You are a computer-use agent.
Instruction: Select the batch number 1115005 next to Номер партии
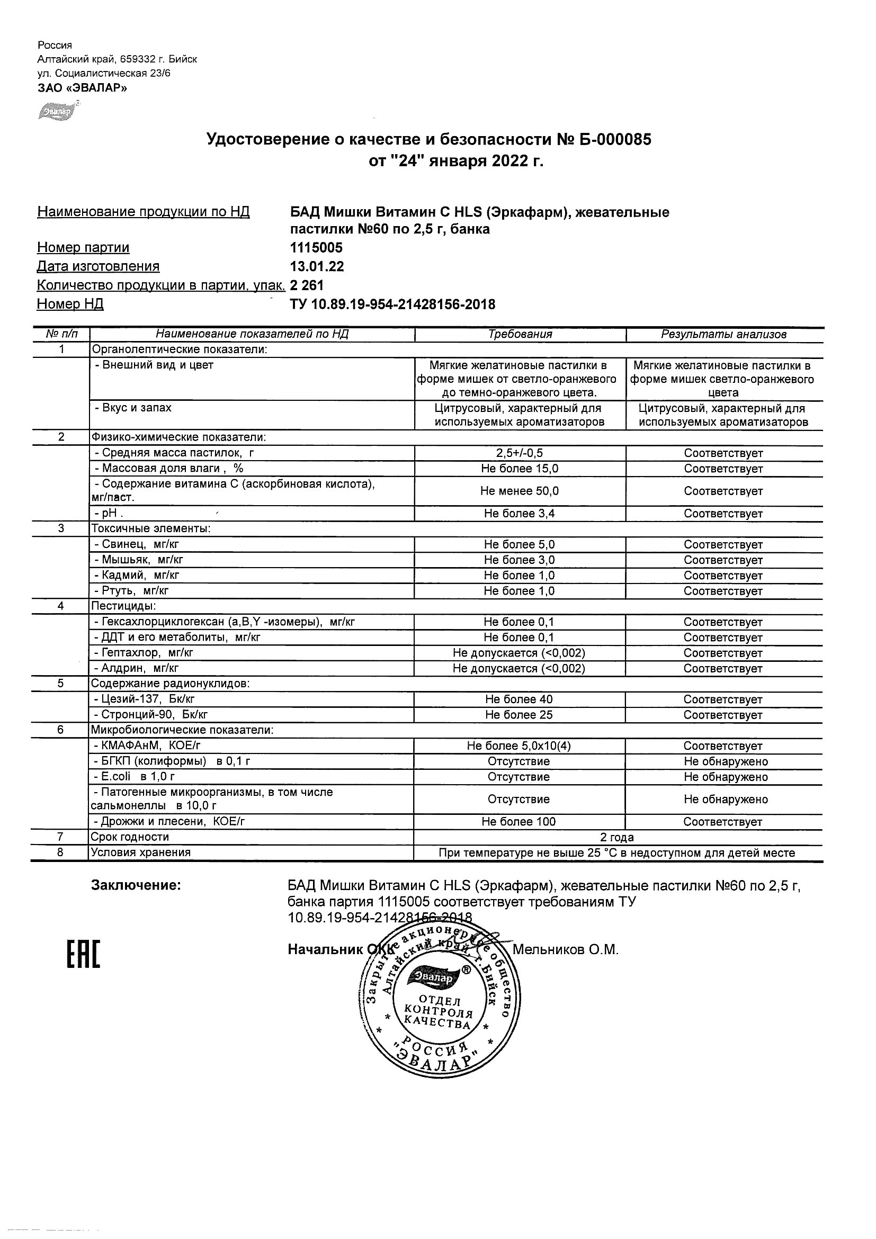click(316, 248)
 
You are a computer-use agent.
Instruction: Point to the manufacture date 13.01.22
click(317, 266)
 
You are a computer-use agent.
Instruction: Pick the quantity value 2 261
click(307, 285)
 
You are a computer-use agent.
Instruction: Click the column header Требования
click(520, 334)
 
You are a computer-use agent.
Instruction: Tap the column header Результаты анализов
click(723, 334)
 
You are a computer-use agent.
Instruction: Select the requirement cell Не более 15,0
click(519, 469)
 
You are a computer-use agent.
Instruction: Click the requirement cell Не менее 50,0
click(519, 491)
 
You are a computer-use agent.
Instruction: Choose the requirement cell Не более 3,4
click(519, 514)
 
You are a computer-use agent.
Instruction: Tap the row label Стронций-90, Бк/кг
click(150, 715)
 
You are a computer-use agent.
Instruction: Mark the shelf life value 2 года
click(617, 838)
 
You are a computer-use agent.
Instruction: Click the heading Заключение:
click(136, 885)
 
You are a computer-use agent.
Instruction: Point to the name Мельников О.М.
click(565, 950)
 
